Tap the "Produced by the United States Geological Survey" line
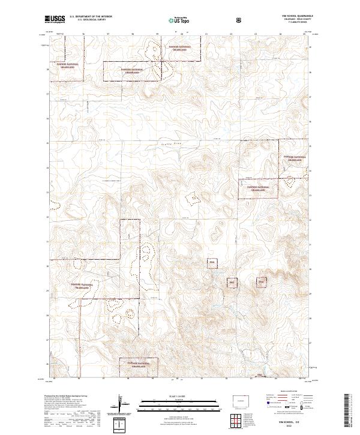click(65, 397)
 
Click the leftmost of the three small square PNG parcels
click(211, 263)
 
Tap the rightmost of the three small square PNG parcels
click(261, 281)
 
